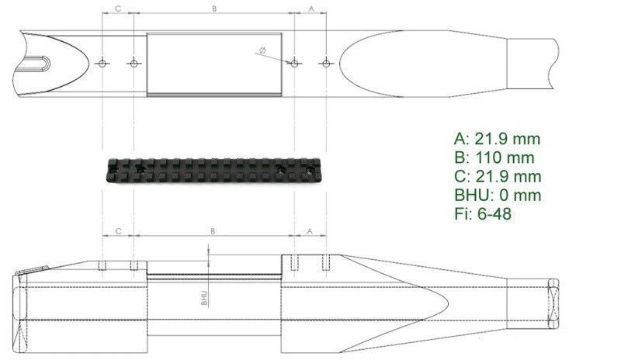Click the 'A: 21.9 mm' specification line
click(497, 139)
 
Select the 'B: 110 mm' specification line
click(494, 157)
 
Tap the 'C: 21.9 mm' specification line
click(498, 176)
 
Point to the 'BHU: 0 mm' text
click(498, 195)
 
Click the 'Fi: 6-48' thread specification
click(483, 214)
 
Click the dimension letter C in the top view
click(118, 9)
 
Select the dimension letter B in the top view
click(214, 9)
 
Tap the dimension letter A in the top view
click(311, 9)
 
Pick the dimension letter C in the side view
click(118, 230)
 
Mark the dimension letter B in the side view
click(213, 230)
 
